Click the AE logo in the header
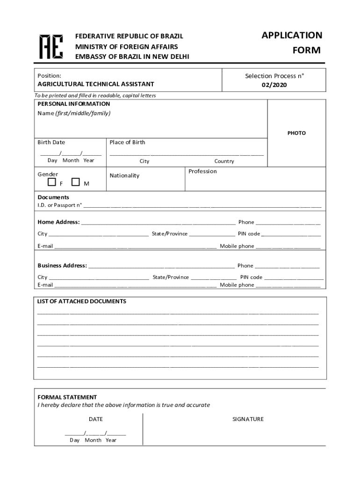coord(51,46)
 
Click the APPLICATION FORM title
coord(292,43)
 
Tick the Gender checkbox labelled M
coord(76,182)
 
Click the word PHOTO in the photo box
coord(296,133)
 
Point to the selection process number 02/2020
coord(274,85)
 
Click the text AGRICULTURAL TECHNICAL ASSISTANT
coord(96,84)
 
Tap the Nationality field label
coord(124,175)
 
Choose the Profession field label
coord(202,171)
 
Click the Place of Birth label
coord(127,142)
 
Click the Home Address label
coord(58,222)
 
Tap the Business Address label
coord(62,266)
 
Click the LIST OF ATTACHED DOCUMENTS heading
coord(81,301)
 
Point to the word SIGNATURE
coord(248,419)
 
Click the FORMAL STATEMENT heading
coord(67,397)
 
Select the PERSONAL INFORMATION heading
coord(74,104)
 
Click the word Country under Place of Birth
coord(224,161)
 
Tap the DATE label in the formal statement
coord(95,419)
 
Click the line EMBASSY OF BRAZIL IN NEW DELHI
coord(132,57)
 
